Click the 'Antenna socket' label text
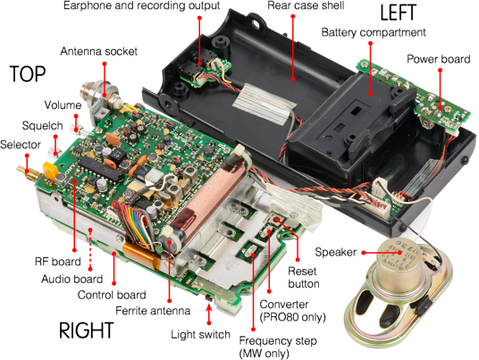pos(98,51)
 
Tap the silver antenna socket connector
pos(98,93)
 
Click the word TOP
pos(28,74)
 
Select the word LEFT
pos(398,13)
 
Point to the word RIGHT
pos(87,331)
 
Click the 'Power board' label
pos(439,59)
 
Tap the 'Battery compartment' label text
pos(374,32)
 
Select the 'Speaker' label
pos(335,252)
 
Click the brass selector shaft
pos(28,173)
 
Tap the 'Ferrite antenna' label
pos(153,311)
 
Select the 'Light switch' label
pos(200,334)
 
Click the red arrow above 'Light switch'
pos(209,314)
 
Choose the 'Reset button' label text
pos(303,278)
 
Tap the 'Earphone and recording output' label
pos(141,5)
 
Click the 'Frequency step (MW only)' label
pos(278,347)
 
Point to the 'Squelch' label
pos(43,125)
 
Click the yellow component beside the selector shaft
pos(50,170)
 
